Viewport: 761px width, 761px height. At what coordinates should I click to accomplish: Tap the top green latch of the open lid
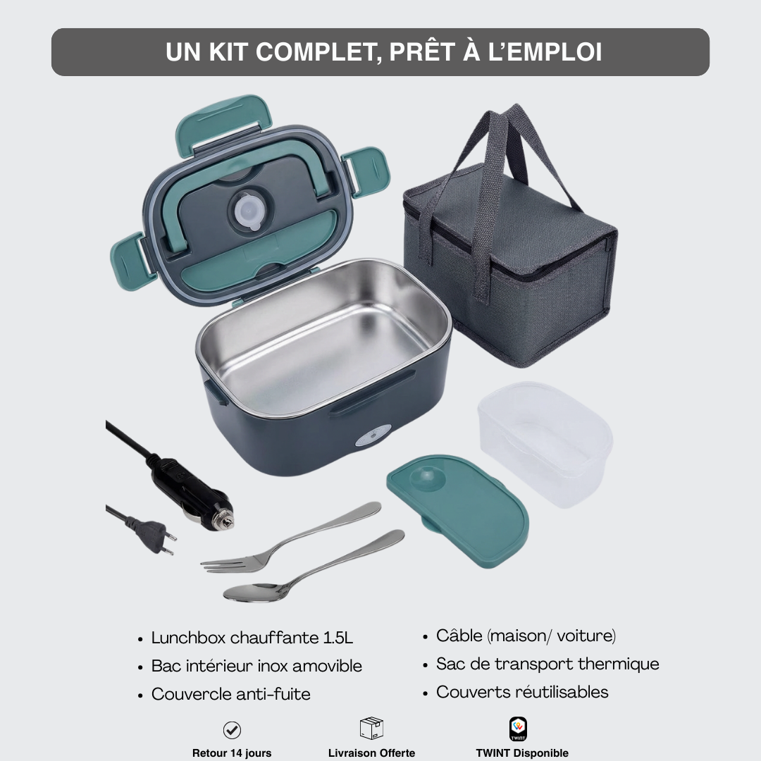coord(223,121)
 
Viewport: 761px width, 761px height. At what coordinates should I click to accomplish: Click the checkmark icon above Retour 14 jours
coord(232,730)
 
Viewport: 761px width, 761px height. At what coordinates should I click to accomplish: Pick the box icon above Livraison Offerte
coord(371,729)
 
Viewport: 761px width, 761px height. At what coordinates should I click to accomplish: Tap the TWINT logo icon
coord(518,729)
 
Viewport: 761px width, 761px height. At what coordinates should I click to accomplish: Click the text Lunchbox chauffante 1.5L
coord(252,638)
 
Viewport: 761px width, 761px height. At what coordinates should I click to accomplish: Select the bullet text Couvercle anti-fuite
coord(230,694)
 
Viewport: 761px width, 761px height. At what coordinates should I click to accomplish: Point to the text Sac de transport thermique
coord(547,664)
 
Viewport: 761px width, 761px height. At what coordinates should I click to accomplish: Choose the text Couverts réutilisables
coord(521,692)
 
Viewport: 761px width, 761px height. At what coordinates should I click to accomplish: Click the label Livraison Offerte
coord(371,753)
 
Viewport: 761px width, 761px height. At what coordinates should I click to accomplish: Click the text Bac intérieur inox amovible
coord(256,666)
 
